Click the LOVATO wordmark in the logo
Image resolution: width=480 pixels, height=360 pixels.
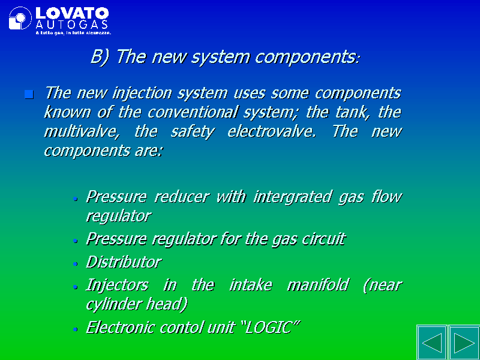[x=72, y=13]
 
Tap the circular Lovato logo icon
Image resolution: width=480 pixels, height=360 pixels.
[x=20, y=18]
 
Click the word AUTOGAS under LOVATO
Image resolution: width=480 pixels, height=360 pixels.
[x=72, y=25]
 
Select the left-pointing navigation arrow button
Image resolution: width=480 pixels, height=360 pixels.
[x=432, y=343]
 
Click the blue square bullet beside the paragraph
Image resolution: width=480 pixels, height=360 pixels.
[x=29, y=94]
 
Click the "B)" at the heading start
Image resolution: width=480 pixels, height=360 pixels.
[x=100, y=57]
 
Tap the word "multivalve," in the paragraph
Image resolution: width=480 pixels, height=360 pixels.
[x=81, y=132]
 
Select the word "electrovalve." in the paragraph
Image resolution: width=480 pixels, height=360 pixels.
[x=272, y=131]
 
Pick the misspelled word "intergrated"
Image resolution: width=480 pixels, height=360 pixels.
[x=292, y=197]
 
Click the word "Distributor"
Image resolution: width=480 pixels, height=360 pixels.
[x=124, y=262]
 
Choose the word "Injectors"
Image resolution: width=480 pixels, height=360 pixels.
[x=118, y=286]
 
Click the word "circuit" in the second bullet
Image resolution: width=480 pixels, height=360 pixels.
[x=324, y=239]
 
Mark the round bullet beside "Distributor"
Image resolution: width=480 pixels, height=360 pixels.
[x=76, y=264]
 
